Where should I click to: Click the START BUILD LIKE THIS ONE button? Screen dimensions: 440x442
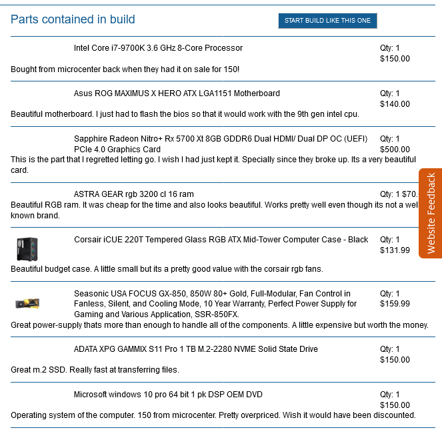pos(327,21)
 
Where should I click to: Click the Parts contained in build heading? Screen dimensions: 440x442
pos(73,19)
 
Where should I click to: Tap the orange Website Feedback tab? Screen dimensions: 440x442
pos(431,213)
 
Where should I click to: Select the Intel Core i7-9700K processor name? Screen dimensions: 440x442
pos(158,48)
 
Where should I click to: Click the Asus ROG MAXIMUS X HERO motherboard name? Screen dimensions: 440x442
pos(177,93)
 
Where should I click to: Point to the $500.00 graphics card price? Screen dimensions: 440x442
pos(395,150)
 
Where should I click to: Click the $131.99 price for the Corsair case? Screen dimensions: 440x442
pos(395,250)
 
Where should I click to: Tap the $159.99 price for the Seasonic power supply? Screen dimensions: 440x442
pos(395,304)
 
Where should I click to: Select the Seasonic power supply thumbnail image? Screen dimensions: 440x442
pos(28,304)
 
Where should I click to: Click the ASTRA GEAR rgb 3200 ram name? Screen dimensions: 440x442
pos(134,194)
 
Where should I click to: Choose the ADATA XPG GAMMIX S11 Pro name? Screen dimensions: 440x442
pos(195,349)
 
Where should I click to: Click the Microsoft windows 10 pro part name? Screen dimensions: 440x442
pos(168,395)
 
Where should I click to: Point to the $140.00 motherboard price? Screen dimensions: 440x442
pos(395,104)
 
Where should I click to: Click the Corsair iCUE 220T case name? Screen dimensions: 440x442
pos(221,240)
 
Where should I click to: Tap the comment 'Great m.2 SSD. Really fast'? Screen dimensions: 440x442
pos(95,369)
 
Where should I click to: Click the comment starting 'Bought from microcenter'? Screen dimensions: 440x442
pos(125,69)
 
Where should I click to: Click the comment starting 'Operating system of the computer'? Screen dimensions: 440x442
pos(213,415)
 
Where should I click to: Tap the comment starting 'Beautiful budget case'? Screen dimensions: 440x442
pos(167,269)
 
